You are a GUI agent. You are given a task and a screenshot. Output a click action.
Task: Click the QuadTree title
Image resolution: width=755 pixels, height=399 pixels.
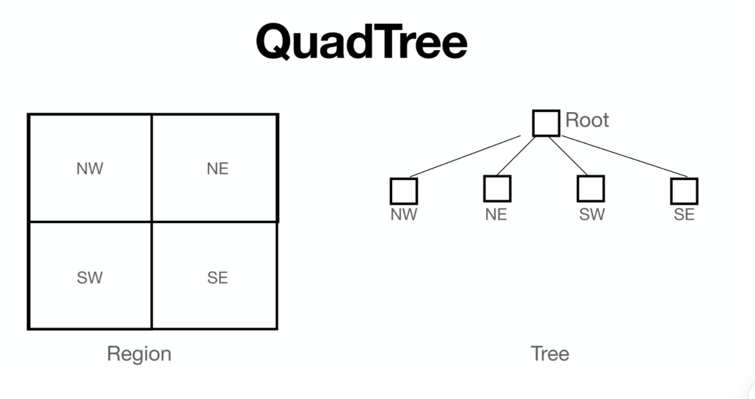point(362,41)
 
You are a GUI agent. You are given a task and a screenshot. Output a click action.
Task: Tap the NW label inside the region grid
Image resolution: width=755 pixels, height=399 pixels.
point(90,169)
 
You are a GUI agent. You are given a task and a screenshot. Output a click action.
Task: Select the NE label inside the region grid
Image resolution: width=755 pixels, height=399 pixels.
point(217,169)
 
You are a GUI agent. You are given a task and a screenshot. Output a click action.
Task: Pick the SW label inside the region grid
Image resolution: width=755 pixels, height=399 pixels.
point(90,277)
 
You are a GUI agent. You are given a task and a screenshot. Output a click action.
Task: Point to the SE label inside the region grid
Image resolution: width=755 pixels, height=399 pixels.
point(217,277)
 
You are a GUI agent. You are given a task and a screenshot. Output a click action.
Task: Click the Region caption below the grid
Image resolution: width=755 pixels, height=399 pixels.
point(139,354)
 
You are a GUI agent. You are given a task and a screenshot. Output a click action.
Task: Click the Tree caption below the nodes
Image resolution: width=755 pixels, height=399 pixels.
point(549,354)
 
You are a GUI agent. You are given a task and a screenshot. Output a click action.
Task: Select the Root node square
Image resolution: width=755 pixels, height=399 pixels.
point(546,123)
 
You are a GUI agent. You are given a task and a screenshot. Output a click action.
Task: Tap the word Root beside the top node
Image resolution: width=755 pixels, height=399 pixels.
point(587,120)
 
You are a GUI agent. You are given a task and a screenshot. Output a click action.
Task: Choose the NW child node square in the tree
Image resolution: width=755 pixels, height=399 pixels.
point(404,191)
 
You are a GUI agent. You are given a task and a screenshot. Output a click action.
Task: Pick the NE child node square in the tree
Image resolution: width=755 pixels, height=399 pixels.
point(497,189)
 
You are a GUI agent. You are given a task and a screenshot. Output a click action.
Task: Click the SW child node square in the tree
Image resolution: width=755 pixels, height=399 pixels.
point(591,189)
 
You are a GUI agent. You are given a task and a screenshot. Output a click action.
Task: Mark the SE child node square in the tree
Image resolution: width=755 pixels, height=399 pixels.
point(684,191)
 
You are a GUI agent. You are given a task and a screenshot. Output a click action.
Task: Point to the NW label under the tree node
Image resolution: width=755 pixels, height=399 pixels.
point(404,214)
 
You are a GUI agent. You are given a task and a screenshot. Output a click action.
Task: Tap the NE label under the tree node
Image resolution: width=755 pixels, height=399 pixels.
point(496,214)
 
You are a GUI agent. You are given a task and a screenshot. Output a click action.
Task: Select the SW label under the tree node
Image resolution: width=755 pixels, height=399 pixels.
point(592,214)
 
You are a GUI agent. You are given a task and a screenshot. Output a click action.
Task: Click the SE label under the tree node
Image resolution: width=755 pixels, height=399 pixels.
point(684,214)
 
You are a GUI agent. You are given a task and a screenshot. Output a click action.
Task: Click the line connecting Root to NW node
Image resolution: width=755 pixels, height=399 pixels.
point(465,156)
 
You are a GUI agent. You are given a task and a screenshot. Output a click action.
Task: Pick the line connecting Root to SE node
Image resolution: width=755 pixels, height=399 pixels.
point(625,156)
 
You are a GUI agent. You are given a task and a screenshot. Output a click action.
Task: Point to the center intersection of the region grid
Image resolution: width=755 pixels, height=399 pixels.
point(152,222)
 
